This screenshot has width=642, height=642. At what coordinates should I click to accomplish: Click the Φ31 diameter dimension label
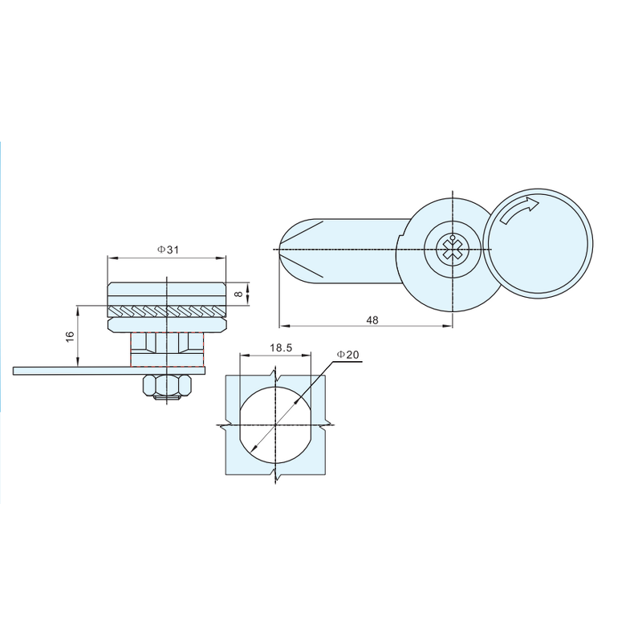click(167, 250)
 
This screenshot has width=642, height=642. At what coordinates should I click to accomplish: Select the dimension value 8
click(238, 294)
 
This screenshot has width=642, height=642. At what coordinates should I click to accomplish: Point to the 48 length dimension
click(372, 319)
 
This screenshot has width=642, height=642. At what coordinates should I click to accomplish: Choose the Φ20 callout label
click(347, 354)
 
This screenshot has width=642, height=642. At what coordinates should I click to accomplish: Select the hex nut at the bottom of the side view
click(167, 387)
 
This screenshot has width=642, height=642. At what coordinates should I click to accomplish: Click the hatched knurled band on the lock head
click(167, 311)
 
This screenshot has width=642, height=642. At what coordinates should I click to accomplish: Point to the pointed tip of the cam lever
click(278, 250)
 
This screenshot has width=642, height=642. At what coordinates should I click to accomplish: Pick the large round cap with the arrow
click(538, 245)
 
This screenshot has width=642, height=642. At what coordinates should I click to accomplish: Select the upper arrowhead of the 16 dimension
click(78, 307)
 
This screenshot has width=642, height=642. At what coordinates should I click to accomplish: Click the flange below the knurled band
click(167, 324)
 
